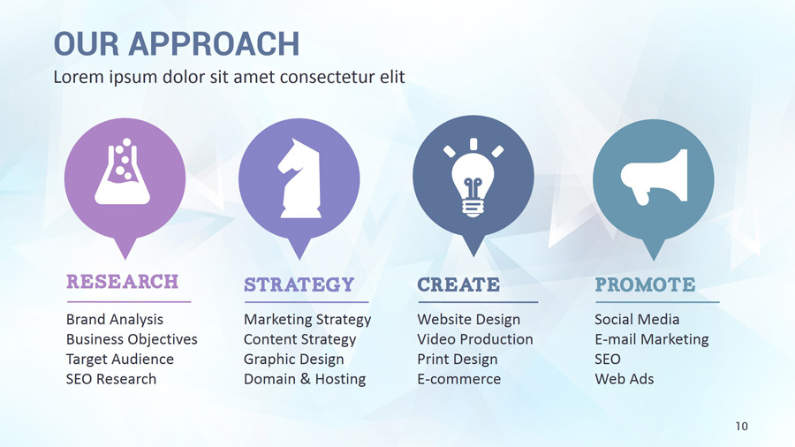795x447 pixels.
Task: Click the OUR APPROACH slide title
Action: pyautogui.click(x=176, y=43)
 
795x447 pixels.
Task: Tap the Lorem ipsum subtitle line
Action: pyautogui.click(x=229, y=77)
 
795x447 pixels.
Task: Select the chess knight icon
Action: pyautogui.click(x=298, y=178)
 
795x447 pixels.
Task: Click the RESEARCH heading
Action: pyautogui.click(x=122, y=282)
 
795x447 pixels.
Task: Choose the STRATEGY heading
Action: pyautogui.click(x=299, y=284)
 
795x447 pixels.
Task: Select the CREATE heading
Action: pyautogui.click(x=458, y=284)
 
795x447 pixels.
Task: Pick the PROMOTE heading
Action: pyautogui.click(x=645, y=284)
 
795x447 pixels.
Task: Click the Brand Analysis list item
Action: pyautogui.click(x=115, y=319)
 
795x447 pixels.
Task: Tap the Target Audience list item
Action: pyautogui.click(x=119, y=359)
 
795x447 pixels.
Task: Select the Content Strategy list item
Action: pyautogui.click(x=299, y=339)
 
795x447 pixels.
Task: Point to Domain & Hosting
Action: pyautogui.click(x=304, y=379)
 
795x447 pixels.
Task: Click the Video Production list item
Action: pyautogui.click(x=474, y=339)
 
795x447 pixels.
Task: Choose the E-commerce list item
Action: pyautogui.click(x=458, y=379)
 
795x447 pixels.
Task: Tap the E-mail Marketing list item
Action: pyautogui.click(x=651, y=339)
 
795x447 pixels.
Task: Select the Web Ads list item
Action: pyautogui.click(x=624, y=379)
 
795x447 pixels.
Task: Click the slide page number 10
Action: pyautogui.click(x=741, y=427)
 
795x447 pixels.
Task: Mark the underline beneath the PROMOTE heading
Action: pyautogui.click(x=656, y=302)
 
